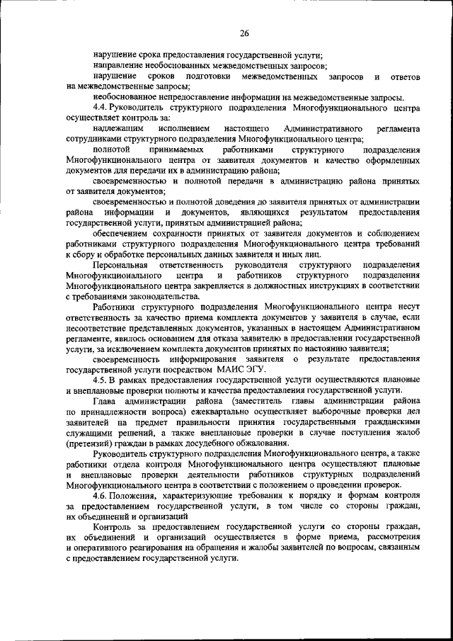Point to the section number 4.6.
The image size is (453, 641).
pyautogui.click(x=101, y=495)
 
